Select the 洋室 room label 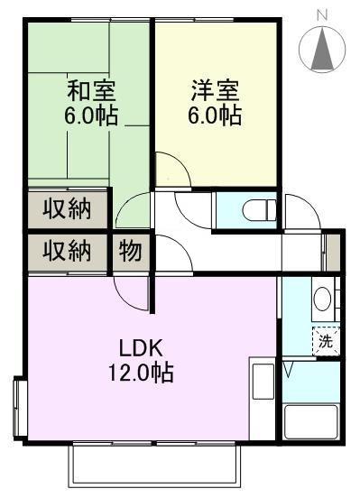click(214, 90)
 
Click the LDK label click(144, 346)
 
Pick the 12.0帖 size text click(144, 372)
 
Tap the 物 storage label click(130, 251)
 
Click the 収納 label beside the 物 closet click(68, 251)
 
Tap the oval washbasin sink click(322, 297)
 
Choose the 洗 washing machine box click(326, 340)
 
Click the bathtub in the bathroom click(310, 420)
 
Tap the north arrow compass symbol click(323, 51)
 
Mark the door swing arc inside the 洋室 click(169, 169)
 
